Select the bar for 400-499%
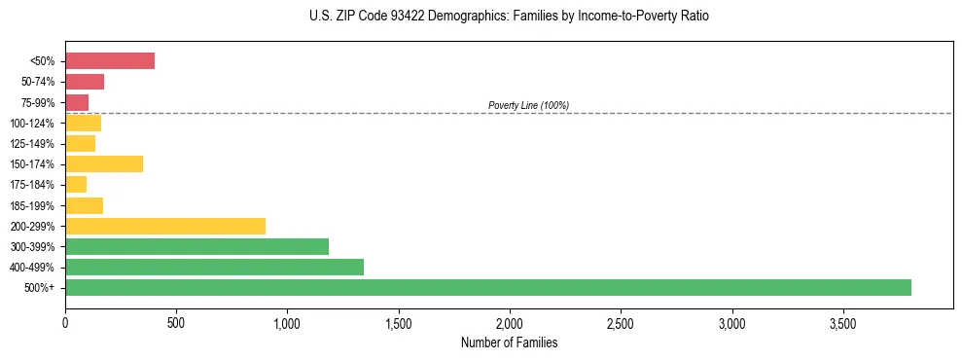coord(214,267)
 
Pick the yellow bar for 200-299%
coord(165,226)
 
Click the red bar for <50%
coord(110,61)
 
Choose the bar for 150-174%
coord(104,163)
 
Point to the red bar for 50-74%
coord(85,82)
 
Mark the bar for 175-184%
coord(76,184)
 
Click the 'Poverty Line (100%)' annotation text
coord(528,105)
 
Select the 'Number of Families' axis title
coord(509,343)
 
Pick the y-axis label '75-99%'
coord(39,103)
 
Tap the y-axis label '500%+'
coord(41,288)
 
